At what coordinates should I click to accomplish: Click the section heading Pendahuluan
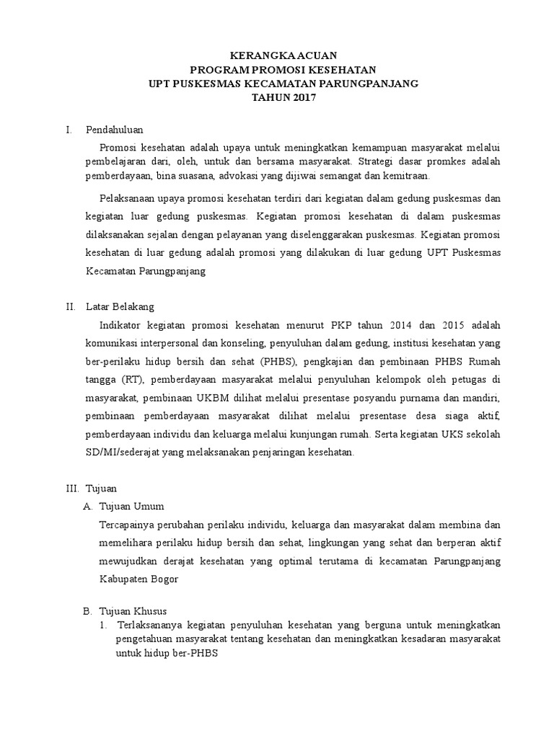(115, 130)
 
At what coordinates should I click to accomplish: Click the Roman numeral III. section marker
(71, 488)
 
